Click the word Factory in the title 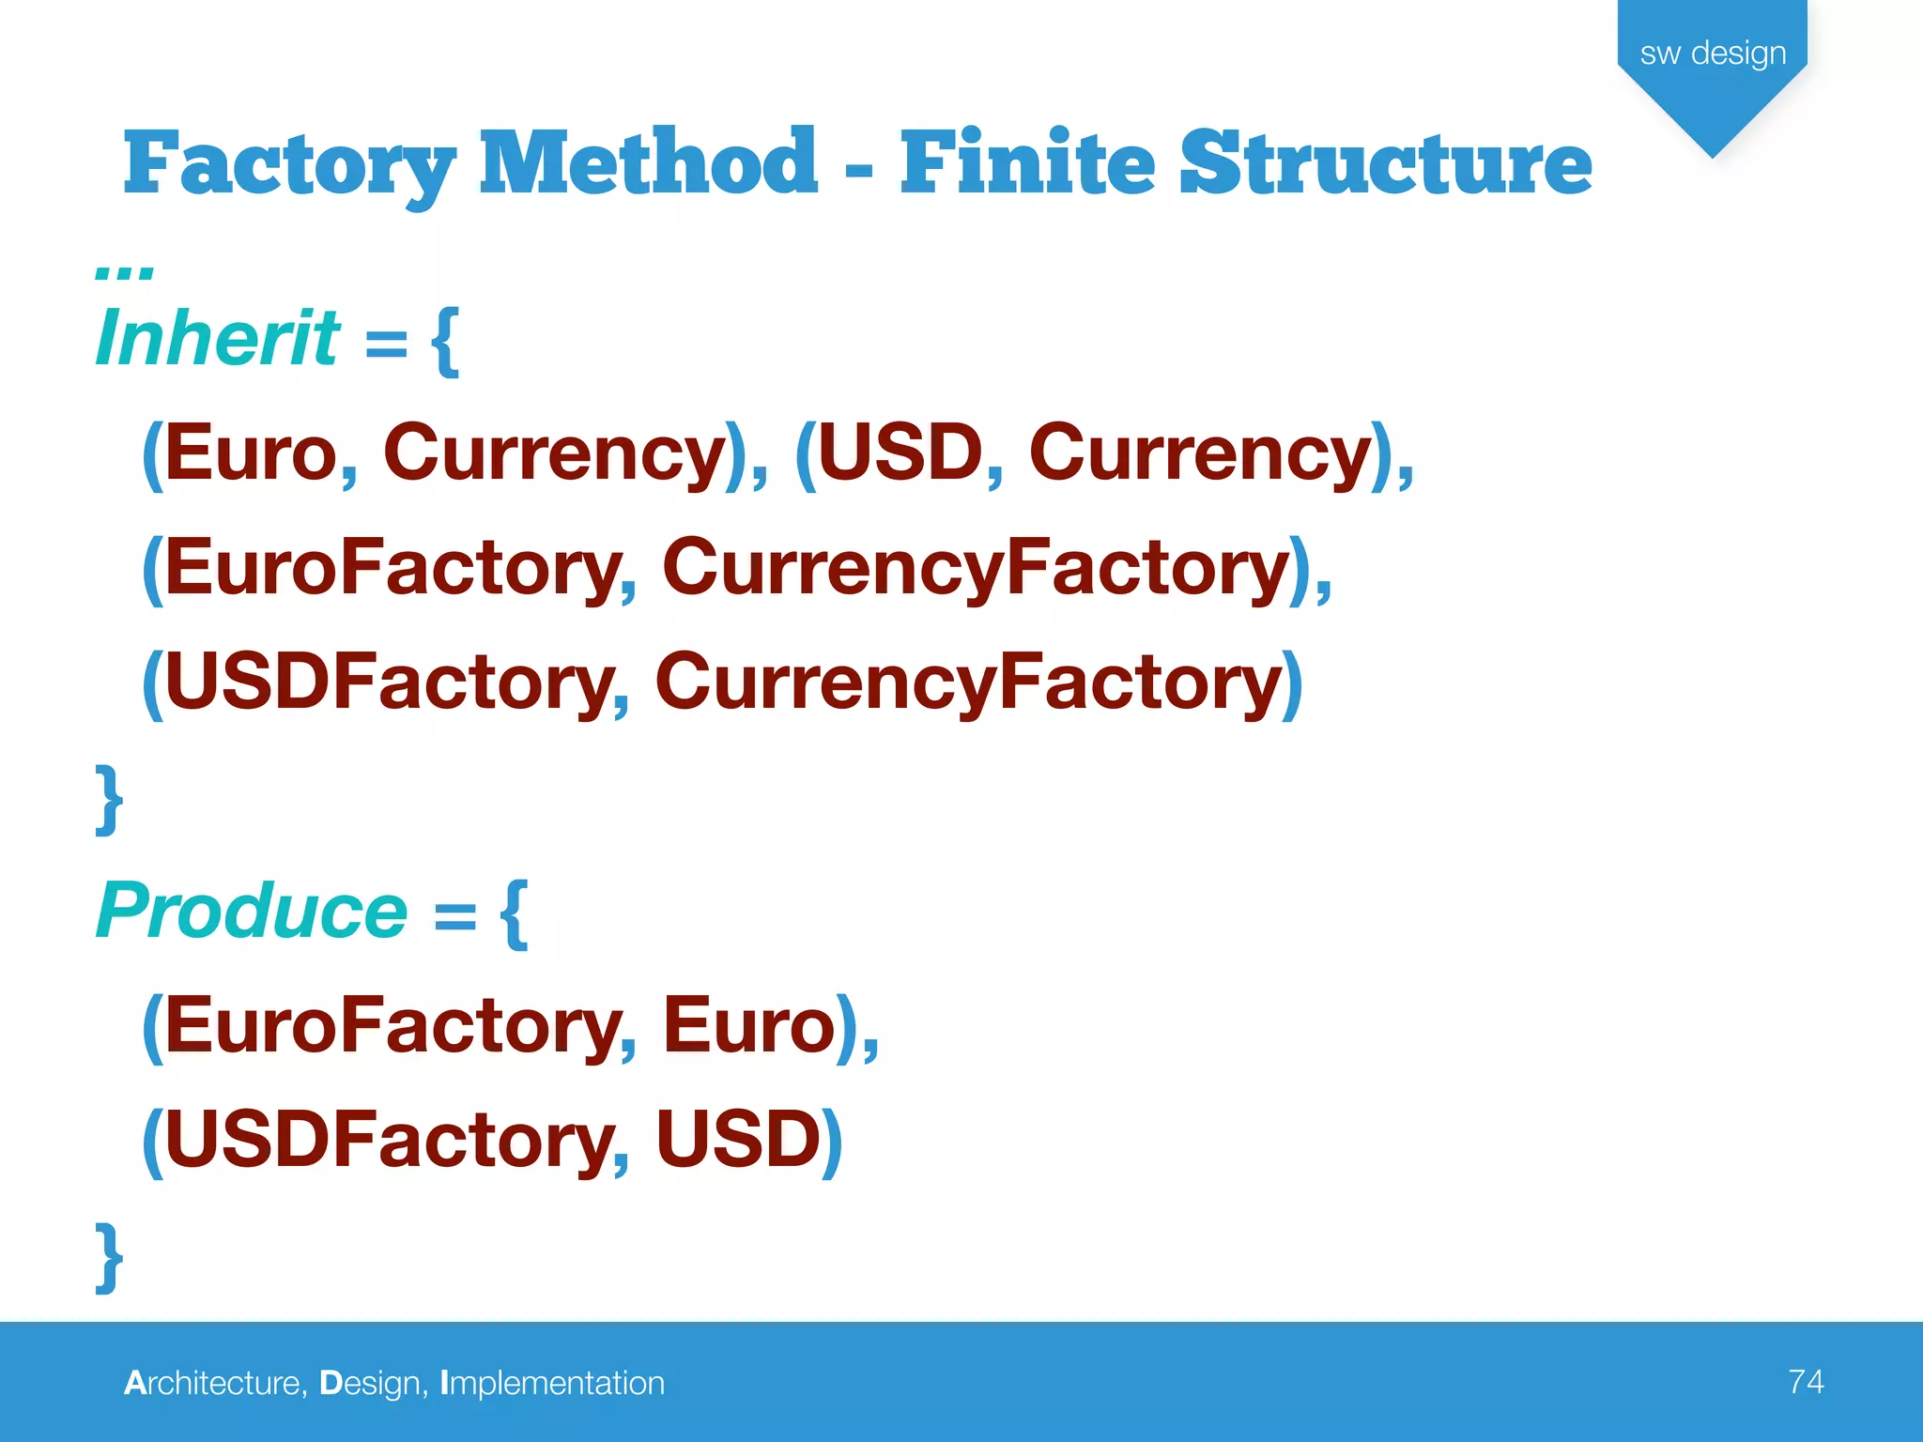289,165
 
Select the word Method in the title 648,163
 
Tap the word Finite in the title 1027,163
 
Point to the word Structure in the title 1386,163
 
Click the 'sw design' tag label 1713,54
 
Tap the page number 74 1806,1381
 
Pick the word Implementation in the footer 552,1383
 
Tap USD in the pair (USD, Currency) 900,454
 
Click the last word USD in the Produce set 738,1140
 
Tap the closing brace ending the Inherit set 109,798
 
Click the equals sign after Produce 455,914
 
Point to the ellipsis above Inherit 124,272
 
